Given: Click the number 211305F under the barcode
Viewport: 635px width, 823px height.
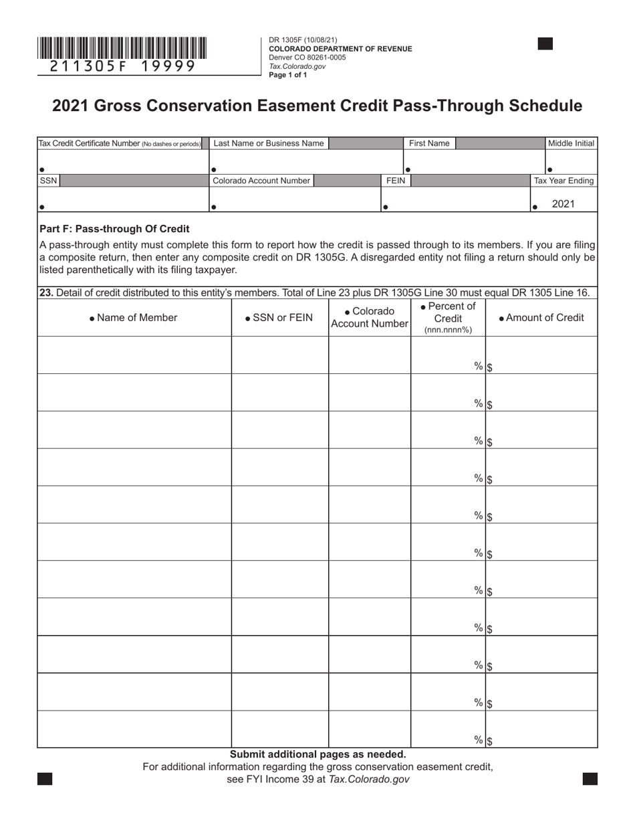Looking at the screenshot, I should click(x=83, y=66).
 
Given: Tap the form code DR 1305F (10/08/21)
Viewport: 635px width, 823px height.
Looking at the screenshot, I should click(x=298, y=40).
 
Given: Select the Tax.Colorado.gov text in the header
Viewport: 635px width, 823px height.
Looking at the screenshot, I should click(x=297, y=66).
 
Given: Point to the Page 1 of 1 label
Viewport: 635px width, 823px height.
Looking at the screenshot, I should click(x=287, y=75).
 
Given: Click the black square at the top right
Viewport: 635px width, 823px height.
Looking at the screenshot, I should click(x=545, y=44).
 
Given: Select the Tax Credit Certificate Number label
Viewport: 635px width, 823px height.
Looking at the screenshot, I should click(x=119, y=143).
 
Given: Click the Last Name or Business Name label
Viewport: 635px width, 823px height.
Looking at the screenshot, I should click(x=268, y=143).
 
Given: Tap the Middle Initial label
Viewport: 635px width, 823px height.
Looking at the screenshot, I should click(x=571, y=143).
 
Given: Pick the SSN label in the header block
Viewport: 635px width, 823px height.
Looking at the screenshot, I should click(x=48, y=181).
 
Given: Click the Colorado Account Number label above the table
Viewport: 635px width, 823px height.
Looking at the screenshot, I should click(x=261, y=181).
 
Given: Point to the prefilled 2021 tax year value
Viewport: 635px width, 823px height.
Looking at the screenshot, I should click(x=563, y=204).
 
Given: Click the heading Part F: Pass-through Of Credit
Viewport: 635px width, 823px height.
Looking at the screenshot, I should click(x=114, y=229).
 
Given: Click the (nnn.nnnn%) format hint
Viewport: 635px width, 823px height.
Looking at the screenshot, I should click(x=448, y=330).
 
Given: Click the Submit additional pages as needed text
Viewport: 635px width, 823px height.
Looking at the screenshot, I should click(x=317, y=754).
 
